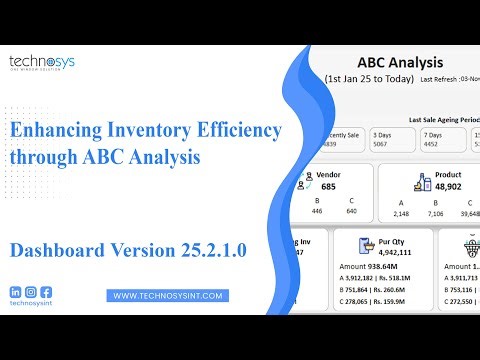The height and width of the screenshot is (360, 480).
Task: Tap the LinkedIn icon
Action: pos(16,292)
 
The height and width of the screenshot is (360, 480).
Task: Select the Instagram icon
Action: pos(31,292)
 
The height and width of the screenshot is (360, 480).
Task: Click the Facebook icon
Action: pos(46,292)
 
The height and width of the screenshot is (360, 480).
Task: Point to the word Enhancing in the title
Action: pos(57,130)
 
